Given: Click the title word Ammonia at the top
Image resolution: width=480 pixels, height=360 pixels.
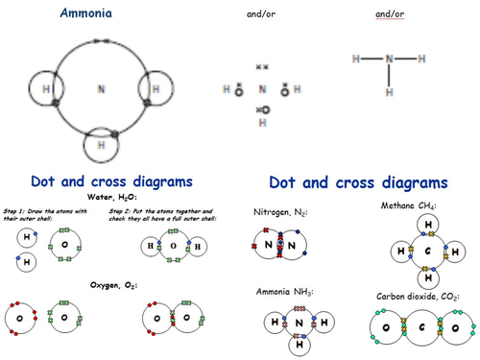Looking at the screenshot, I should (85, 14).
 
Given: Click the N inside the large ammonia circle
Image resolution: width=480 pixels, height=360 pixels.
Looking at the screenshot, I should (101, 89).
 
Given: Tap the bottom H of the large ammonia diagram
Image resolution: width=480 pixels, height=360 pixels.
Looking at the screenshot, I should (101, 146).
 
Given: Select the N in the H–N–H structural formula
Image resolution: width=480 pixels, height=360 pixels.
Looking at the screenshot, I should (389, 59).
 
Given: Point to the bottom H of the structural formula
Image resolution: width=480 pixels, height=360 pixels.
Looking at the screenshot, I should (389, 93).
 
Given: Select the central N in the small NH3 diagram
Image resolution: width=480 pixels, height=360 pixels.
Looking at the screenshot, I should (300, 324).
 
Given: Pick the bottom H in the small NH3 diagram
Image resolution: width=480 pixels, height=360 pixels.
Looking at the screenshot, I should (300, 343).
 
